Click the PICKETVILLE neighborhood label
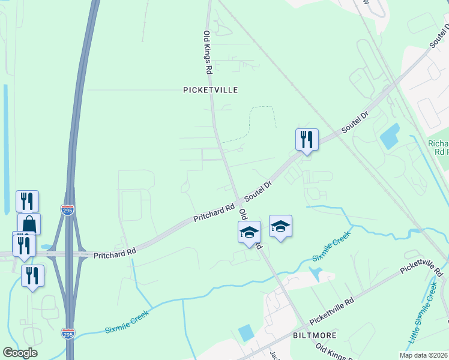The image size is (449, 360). pos(210,90)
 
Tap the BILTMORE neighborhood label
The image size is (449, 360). pos(314,335)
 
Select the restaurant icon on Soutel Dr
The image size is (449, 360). pos(307,140)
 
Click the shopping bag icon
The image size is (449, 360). pos(29,225)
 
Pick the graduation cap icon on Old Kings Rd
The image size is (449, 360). pos(249,232)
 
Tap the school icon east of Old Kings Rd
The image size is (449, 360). pos(280,226)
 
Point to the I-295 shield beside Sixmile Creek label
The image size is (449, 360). pos(68,333)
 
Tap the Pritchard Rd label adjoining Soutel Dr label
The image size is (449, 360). pos(214,213)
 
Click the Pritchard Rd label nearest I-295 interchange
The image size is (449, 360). pos(115,254)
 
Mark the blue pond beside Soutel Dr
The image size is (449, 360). pos(390,136)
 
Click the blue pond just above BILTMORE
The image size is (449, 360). pos(246,332)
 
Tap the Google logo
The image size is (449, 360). pos(20,353)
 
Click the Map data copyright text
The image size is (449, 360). pos(424,355)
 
